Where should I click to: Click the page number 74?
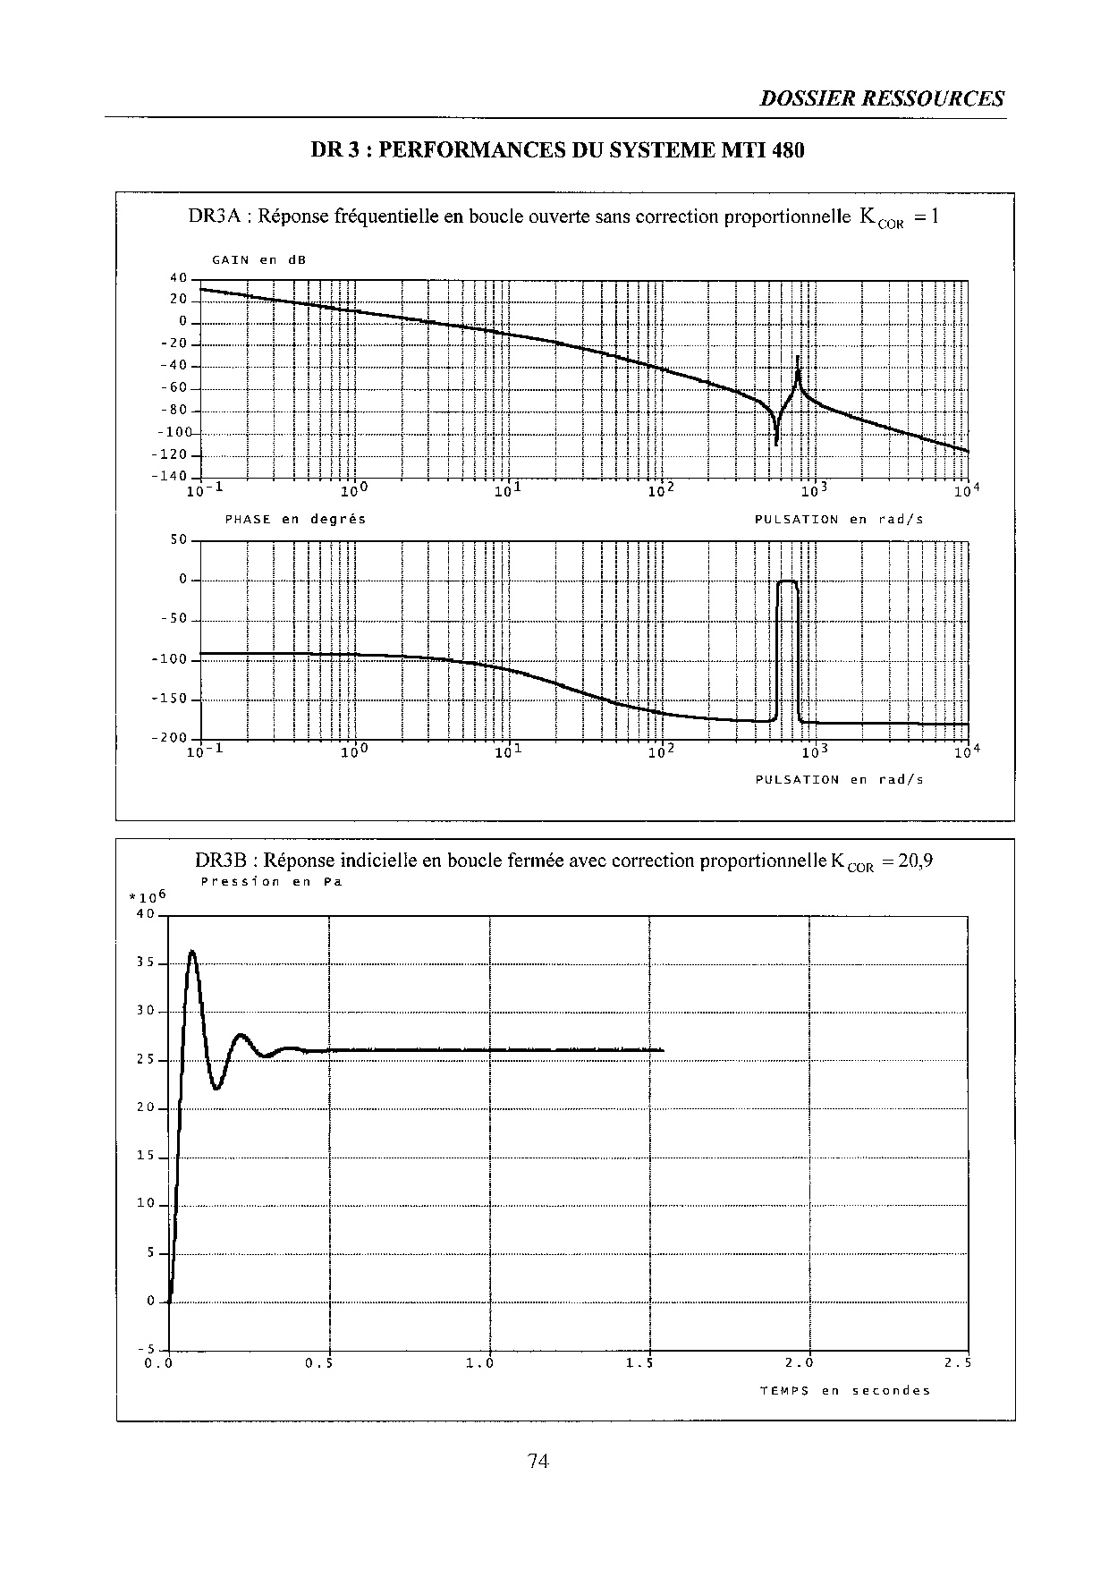coord(538,1461)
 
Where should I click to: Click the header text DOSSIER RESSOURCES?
coord(882,99)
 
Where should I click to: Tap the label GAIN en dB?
coord(258,260)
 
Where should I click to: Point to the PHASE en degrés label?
coord(295,519)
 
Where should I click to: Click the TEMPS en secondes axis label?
coord(844,1390)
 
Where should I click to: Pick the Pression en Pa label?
coord(271,881)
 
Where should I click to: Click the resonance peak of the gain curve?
coord(798,360)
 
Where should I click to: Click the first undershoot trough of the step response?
coord(216,1088)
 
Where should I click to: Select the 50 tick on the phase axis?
coord(179,539)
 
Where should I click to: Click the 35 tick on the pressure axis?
coord(146,963)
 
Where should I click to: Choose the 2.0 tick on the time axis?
coord(800,1364)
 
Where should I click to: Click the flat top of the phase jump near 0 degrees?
coord(787,581)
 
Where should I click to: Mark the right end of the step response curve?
coord(662,1050)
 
